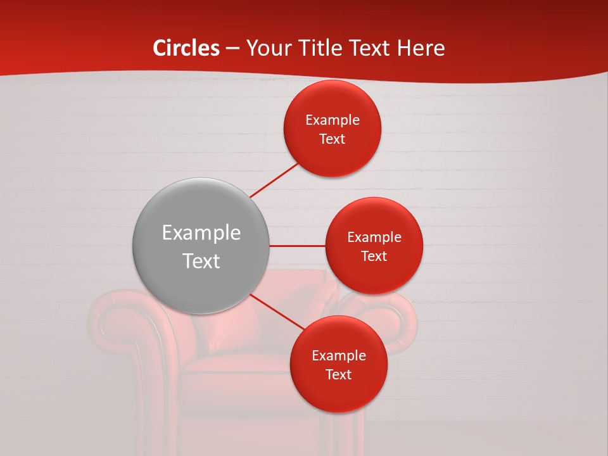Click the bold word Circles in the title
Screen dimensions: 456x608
pyautogui.click(x=186, y=48)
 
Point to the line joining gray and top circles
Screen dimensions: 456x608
pyautogui.click(x=274, y=179)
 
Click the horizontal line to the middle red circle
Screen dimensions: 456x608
pyautogui.click(x=297, y=246)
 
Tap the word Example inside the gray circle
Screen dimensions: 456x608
pyautogui.click(x=201, y=232)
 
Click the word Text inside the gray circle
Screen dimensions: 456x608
pyautogui.click(x=201, y=261)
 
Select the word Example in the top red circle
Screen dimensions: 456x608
pyautogui.click(x=332, y=120)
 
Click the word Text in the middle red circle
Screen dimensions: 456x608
pyautogui.click(x=374, y=256)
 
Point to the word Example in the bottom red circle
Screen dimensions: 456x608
pyautogui.click(x=338, y=355)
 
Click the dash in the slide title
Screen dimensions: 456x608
pyautogui.click(x=232, y=49)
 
